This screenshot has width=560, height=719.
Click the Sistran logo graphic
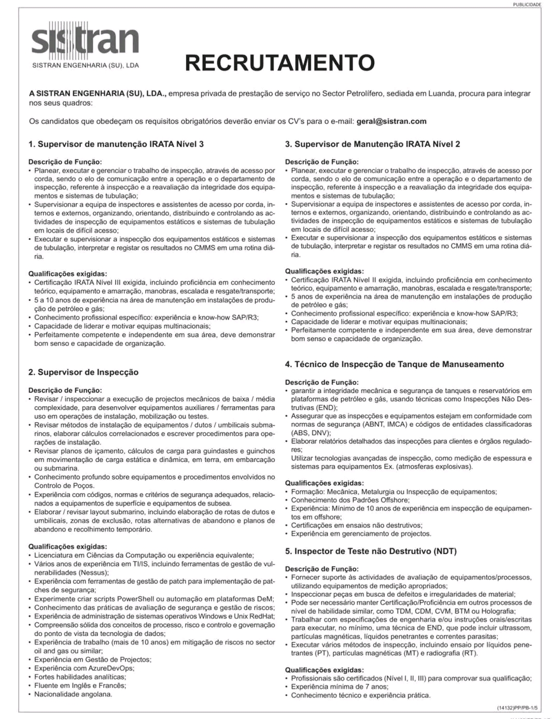[x=85, y=39]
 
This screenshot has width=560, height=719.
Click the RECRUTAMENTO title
[x=279, y=63]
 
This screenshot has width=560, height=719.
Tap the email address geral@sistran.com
[x=391, y=121]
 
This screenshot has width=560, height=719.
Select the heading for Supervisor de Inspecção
[x=83, y=372]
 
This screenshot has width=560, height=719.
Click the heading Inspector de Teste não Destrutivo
[x=371, y=551]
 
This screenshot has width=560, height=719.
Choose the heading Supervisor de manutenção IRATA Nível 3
[x=116, y=144]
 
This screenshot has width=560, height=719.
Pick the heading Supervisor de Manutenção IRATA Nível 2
[x=372, y=144]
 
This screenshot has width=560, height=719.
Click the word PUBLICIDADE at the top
[x=527, y=5]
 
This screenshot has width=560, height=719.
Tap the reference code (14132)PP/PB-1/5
[x=517, y=708]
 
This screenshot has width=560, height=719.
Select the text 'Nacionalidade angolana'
[x=73, y=694]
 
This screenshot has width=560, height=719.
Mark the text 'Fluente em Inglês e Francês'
[x=80, y=685]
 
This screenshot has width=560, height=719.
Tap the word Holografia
[x=496, y=611]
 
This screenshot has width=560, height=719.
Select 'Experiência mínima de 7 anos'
[x=339, y=687]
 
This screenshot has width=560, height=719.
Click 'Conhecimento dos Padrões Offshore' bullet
[x=350, y=500]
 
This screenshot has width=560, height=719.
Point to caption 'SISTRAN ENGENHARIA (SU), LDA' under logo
[x=86, y=66]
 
